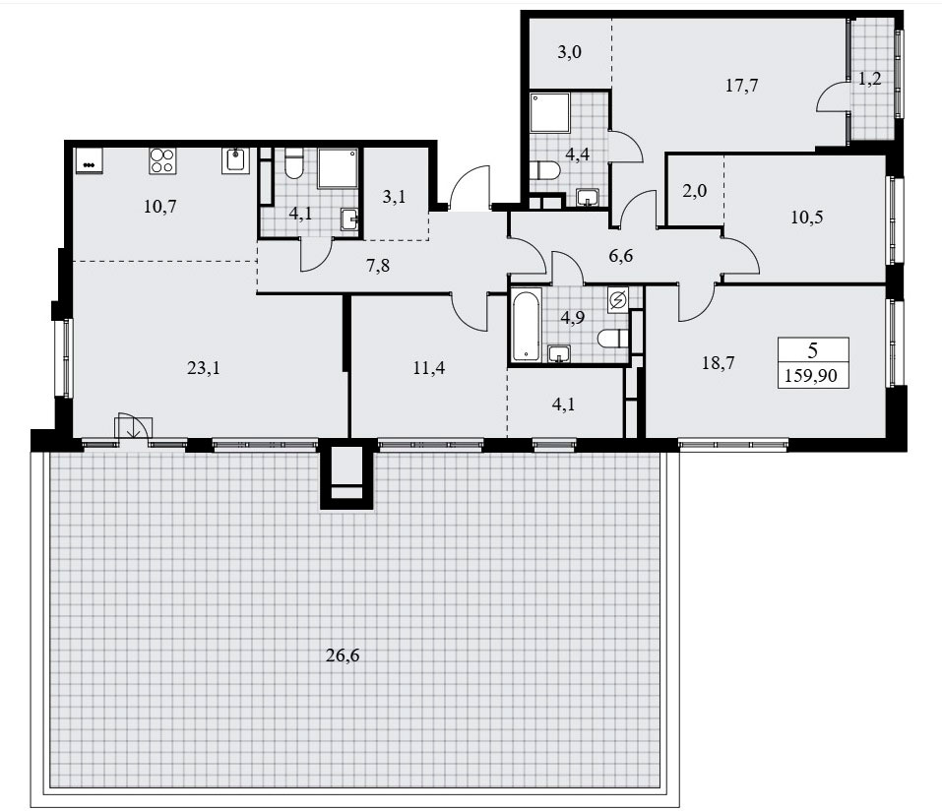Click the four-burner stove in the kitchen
click(162, 160)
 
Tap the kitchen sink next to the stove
click(235, 160)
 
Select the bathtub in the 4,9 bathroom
click(528, 325)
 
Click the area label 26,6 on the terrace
click(343, 655)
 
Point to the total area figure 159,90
click(811, 376)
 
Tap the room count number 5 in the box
click(813, 349)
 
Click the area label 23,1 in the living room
click(203, 368)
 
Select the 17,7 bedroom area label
click(741, 86)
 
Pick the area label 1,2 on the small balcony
click(869, 78)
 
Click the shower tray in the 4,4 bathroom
click(550, 112)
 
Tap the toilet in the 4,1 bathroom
click(293, 163)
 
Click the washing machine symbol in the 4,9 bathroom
click(617, 300)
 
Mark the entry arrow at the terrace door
click(133, 427)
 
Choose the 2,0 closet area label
click(695, 191)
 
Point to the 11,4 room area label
click(429, 368)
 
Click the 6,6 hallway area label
click(620, 256)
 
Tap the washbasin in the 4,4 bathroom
click(588, 197)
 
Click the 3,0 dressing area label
click(569, 52)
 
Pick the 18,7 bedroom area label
click(718, 363)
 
